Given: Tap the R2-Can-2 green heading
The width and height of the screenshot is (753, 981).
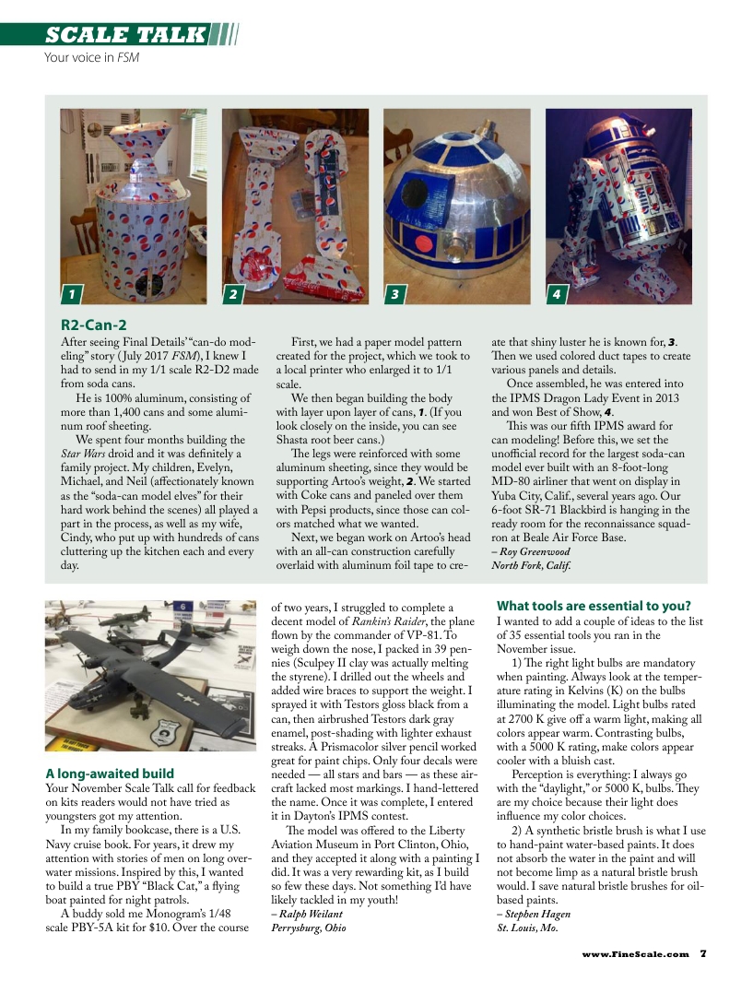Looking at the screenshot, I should click(93, 325).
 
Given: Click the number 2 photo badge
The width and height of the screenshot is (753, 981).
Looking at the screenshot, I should click(232, 294).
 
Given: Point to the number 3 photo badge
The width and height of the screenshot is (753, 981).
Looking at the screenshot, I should click(394, 294).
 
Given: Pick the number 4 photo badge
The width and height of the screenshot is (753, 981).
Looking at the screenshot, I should click(556, 294).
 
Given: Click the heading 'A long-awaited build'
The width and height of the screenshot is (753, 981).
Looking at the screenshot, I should click(110, 773).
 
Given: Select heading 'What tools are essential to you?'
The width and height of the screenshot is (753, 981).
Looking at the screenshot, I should click(594, 606).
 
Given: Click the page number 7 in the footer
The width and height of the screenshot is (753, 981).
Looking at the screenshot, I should click(702, 954).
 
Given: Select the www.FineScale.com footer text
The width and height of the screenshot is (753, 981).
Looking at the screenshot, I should click(635, 954).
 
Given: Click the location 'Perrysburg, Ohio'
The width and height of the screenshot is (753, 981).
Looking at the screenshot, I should click(309, 928).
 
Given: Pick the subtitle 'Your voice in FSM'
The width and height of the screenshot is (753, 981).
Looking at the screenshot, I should click(91, 57).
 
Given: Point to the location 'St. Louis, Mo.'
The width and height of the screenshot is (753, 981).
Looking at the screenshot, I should click(527, 928).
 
